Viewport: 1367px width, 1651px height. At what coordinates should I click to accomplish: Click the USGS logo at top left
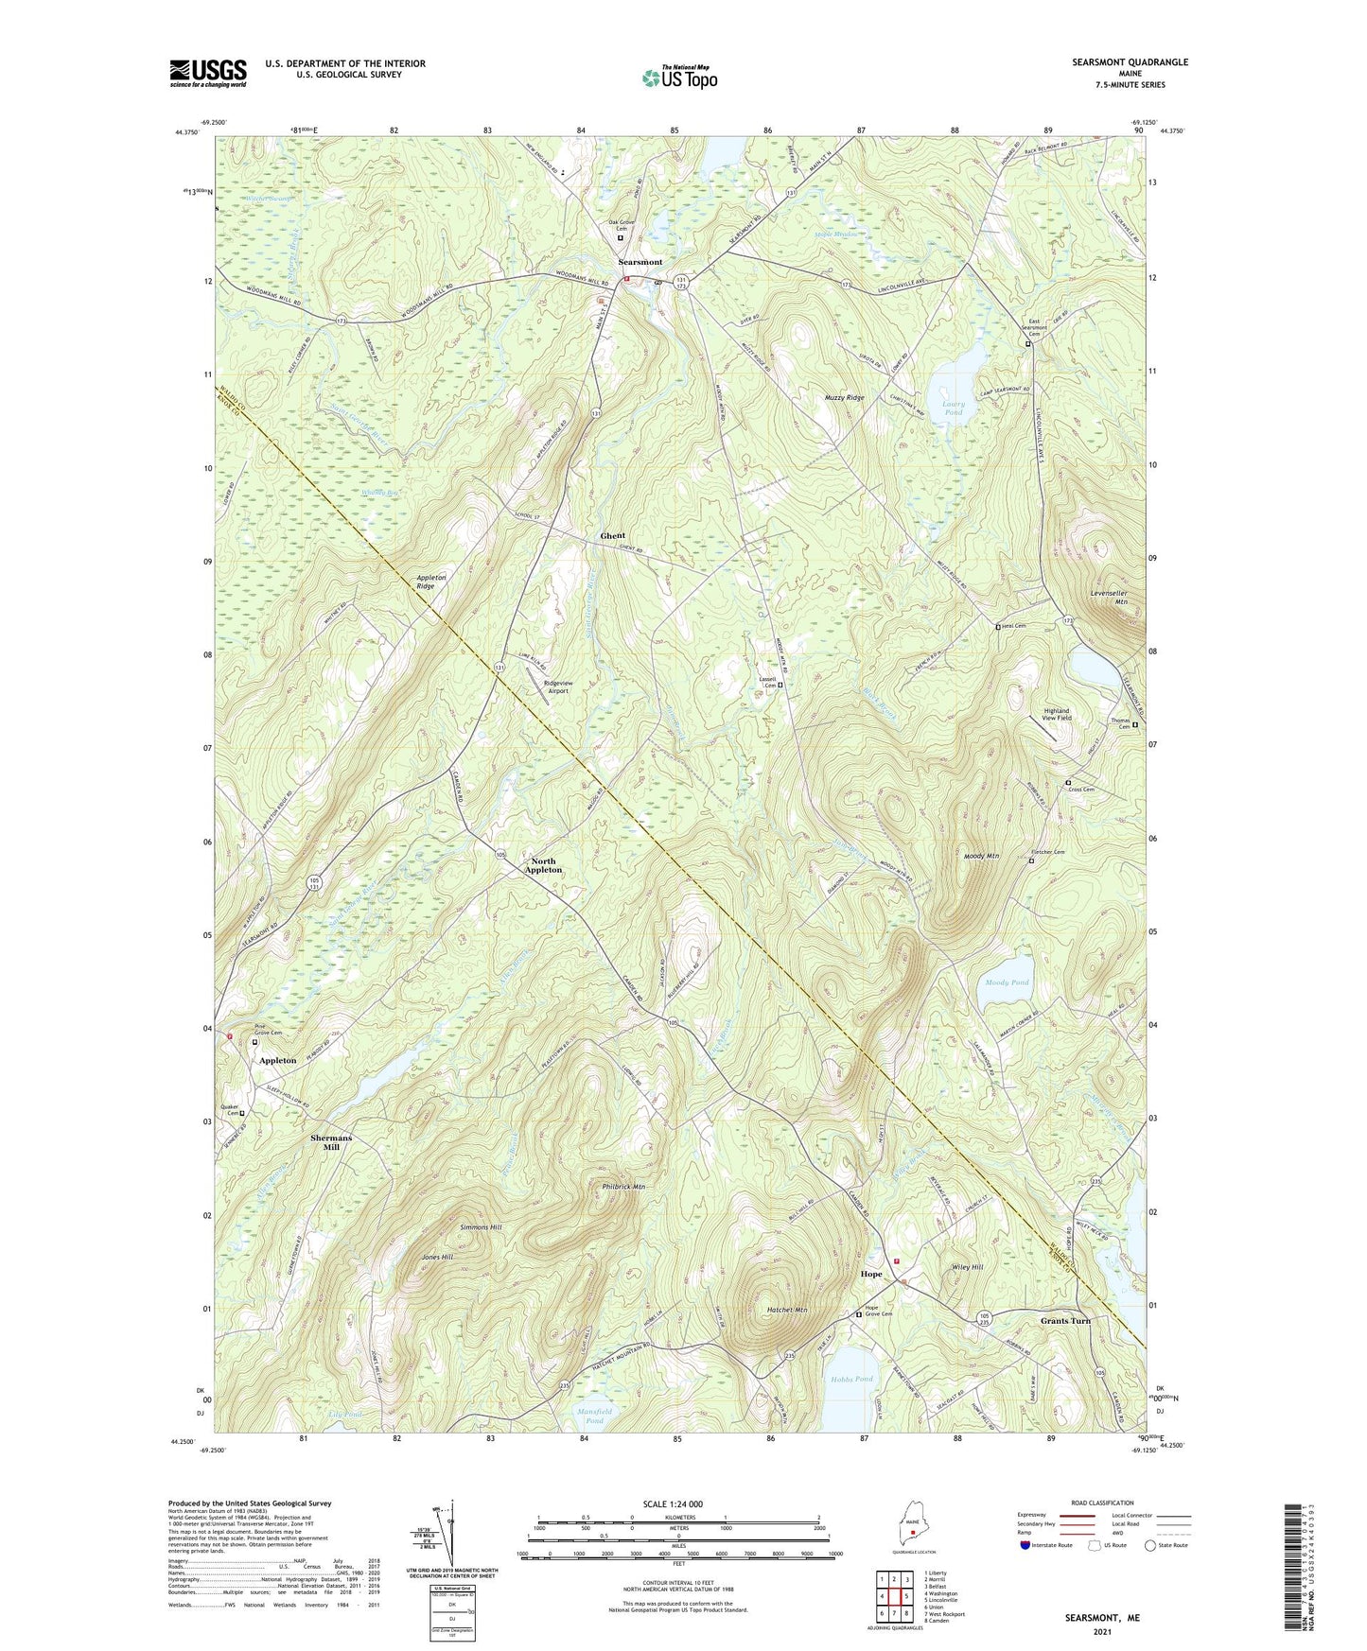pyautogui.click(x=208, y=73)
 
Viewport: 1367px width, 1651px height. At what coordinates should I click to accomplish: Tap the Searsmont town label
pyautogui.click(x=640, y=262)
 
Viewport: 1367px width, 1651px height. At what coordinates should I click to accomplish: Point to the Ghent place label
pyautogui.click(x=613, y=536)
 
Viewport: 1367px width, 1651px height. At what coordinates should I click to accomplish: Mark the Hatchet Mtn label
pyautogui.click(x=786, y=1310)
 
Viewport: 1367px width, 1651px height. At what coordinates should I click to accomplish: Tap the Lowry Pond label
pyautogui.click(x=954, y=408)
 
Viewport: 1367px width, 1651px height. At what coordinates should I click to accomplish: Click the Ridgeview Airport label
pyautogui.click(x=556, y=686)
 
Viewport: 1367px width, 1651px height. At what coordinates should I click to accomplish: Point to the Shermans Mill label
pyautogui.click(x=331, y=1142)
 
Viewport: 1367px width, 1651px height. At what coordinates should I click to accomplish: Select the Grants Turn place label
pyautogui.click(x=1065, y=1321)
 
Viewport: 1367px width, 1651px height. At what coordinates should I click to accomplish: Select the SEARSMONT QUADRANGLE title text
pyautogui.click(x=1130, y=62)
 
